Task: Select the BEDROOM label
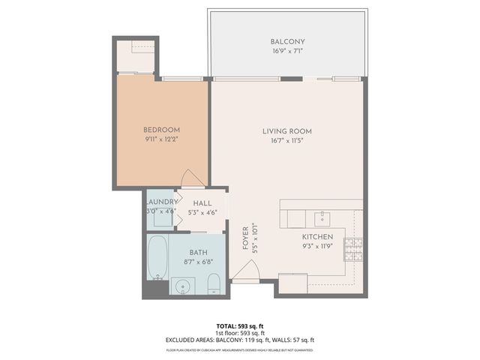click(x=161, y=129)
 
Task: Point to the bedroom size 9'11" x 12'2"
click(x=161, y=139)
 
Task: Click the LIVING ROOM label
click(x=286, y=131)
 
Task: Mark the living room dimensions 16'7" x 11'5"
click(x=286, y=141)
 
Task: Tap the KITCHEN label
click(x=317, y=236)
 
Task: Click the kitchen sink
click(x=322, y=218)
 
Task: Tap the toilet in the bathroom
click(x=213, y=283)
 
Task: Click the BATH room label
click(x=198, y=253)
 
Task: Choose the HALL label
click(x=202, y=203)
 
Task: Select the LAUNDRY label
click(x=161, y=202)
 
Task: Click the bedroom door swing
click(x=192, y=178)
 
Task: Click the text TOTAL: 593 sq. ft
click(x=240, y=326)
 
